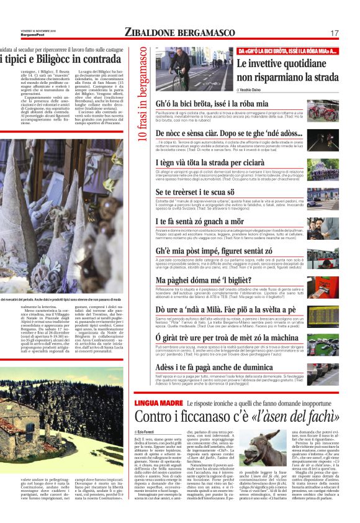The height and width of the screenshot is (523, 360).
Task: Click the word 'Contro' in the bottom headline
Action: pyautogui.click(x=155, y=417)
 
